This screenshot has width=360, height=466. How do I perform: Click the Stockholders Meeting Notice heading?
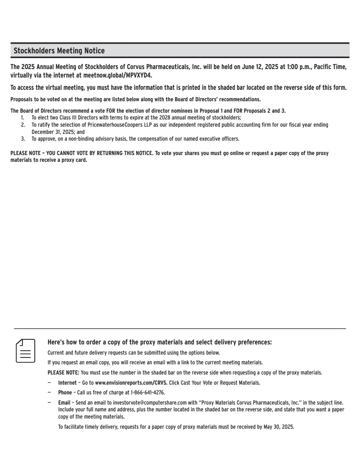[x=59, y=51]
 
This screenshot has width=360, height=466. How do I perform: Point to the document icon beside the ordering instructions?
[x=25, y=350]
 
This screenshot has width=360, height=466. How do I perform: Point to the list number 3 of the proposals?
[x=23, y=139]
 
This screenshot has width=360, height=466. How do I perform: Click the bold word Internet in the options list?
[x=67, y=383]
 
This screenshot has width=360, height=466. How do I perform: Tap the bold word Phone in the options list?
[x=65, y=392]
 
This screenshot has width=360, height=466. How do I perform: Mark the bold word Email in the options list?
[x=64, y=402]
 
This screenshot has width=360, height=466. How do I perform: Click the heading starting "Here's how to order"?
[x=159, y=342]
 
